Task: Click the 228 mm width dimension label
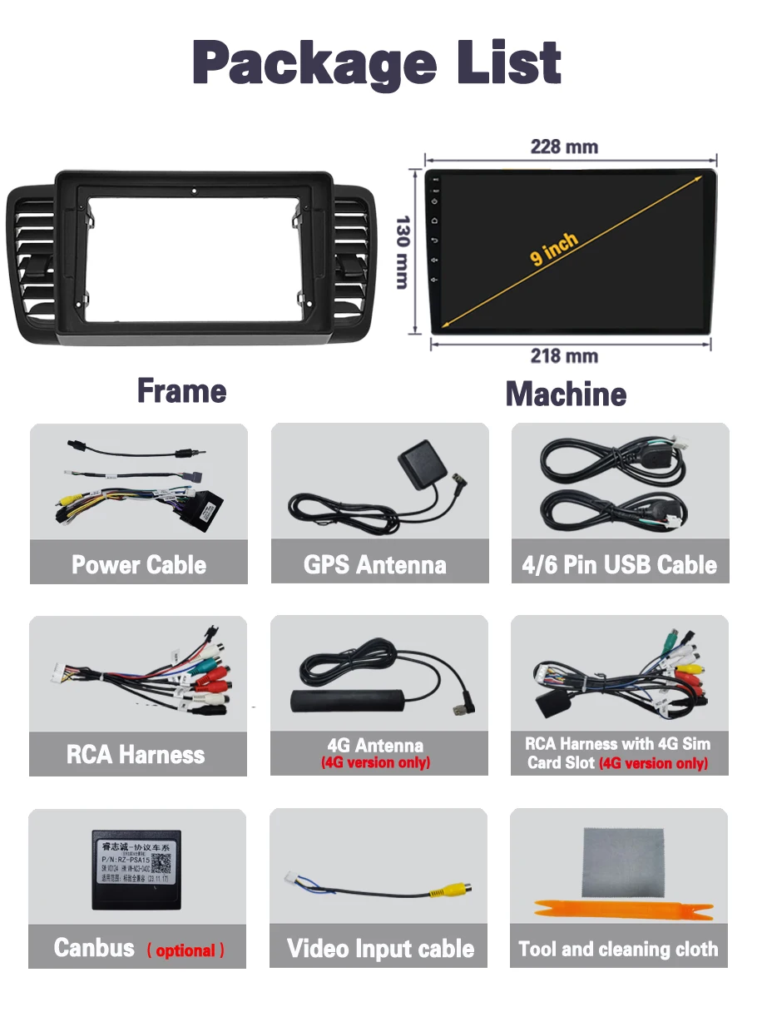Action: [x=564, y=147]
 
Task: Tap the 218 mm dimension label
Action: [x=564, y=356]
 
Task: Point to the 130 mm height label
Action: [x=403, y=252]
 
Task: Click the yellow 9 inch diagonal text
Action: [x=554, y=248]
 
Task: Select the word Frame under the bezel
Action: [x=181, y=390]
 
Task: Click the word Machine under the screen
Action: [x=566, y=394]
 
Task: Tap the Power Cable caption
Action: [x=139, y=565]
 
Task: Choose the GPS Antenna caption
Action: [x=375, y=565]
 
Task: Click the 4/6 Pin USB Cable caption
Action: [x=619, y=565]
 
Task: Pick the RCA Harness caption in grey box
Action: [x=136, y=755]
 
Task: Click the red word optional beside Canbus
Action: [x=186, y=950]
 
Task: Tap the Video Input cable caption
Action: [x=380, y=949]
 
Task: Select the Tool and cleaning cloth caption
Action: [x=618, y=949]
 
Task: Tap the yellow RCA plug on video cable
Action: [x=450, y=892]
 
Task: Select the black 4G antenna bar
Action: [x=344, y=697]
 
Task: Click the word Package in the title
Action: [x=314, y=62]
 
